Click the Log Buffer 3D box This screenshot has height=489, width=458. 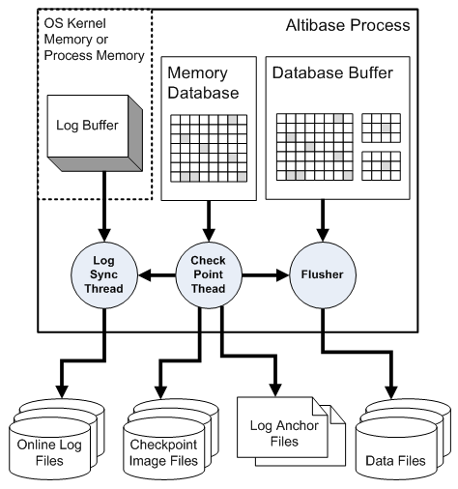(95, 132)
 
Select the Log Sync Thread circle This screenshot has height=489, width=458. (104, 275)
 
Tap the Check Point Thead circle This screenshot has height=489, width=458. (209, 274)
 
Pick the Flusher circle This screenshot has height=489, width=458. (323, 274)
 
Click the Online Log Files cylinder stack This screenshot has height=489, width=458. (56, 440)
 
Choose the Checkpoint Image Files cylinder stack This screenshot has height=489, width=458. (171, 440)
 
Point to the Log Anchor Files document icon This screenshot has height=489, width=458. (291, 431)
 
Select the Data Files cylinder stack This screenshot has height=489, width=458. (403, 440)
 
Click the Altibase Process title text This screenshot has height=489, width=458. (348, 25)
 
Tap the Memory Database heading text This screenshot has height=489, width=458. (203, 83)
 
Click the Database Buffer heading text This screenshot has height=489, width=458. (332, 72)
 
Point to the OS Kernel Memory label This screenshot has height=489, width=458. (94, 40)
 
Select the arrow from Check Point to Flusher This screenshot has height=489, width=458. (266, 275)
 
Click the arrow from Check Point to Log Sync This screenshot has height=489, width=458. (157, 275)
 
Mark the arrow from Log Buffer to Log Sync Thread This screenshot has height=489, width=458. (104, 207)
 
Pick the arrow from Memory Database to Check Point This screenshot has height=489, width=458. (209, 221)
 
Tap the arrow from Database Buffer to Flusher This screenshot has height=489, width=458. (323, 220)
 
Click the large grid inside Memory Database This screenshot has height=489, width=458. (209, 148)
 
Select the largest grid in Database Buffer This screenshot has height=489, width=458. (315, 147)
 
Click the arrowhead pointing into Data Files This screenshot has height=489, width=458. (391, 392)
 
